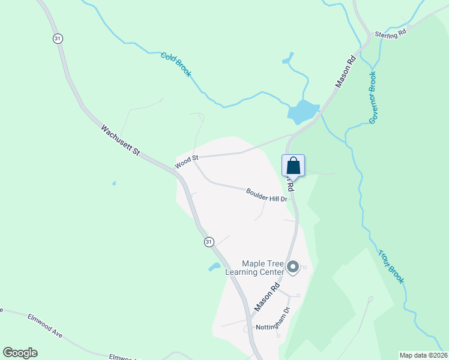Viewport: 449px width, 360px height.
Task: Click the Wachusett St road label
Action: (120, 140)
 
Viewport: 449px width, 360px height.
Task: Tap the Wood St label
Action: (186, 161)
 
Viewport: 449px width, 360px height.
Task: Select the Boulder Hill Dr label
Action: (267, 194)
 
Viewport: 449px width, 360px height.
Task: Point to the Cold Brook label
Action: (176, 65)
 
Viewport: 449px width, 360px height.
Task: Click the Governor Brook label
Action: (373, 98)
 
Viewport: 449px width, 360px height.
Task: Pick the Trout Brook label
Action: (391, 266)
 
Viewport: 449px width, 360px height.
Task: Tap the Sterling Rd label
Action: (391, 34)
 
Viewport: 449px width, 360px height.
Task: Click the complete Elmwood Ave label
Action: (45, 325)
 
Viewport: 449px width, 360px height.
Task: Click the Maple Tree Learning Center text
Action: (254, 268)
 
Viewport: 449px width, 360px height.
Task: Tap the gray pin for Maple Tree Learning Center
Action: (293, 267)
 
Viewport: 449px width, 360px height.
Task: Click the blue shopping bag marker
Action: (294, 166)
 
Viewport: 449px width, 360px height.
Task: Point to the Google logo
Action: (20, 353)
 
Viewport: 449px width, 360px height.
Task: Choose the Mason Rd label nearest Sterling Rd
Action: (346, 73)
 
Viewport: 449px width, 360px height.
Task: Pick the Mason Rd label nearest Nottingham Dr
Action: (268, 297)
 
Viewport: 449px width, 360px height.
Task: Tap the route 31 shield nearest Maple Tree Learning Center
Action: (208, 241)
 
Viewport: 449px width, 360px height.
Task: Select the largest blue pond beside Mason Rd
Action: (303, 112)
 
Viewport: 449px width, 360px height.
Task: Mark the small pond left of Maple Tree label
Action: (214, 266)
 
